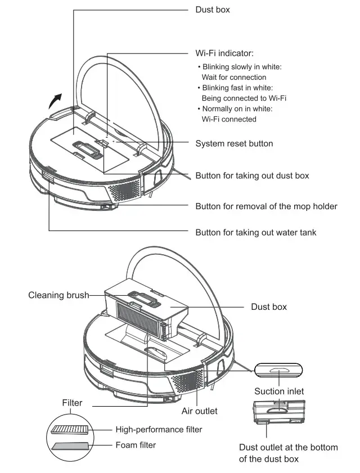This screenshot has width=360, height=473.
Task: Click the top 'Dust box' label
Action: click(x=213, y=10)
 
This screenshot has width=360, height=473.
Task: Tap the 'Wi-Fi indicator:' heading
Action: click(x=224, y=53)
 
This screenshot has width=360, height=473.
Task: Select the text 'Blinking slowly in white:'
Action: click(x=242, y=67)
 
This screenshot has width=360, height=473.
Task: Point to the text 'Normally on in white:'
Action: click(x=237, y=109)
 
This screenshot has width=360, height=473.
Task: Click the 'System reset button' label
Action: click(x=234, y=143)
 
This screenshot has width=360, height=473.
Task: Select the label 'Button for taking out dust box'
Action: click(x=252, y=175)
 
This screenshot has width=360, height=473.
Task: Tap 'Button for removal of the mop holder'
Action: click(x=266, y=206)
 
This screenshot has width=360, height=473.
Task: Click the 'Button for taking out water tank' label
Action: click(x=255, y=232)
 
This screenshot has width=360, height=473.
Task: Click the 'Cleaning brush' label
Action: click(x=58, y=295)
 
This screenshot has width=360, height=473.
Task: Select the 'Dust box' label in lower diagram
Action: click(x=268, y=307)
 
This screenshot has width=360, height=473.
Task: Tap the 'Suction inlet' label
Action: click(x=279, y=391)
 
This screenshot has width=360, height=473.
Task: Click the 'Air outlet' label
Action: click(x=199, y=411)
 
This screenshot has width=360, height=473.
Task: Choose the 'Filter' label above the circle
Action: click(x=72, y=403)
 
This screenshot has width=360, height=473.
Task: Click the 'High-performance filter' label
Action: click(x=159, y=430)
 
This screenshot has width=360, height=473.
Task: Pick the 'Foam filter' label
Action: click(x=136, y=445)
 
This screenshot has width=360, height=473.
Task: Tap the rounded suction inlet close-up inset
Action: click(x=278, y=371)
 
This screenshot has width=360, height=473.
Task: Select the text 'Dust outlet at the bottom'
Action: click(x=289, y=447)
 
